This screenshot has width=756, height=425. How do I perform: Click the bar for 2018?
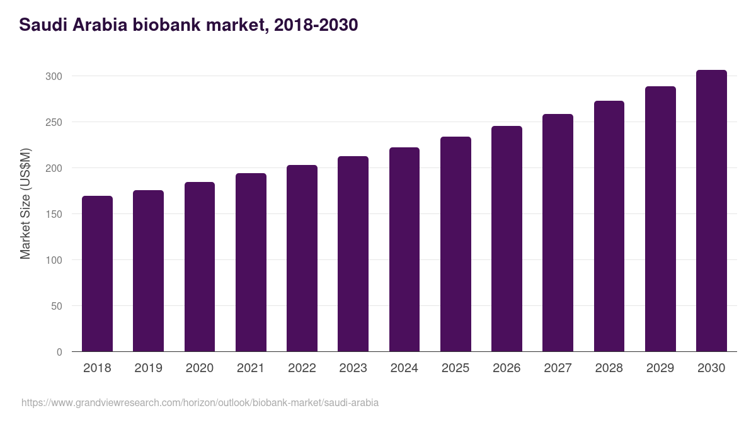tap(97, 274)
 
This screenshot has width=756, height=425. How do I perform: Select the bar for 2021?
tap(251, 263)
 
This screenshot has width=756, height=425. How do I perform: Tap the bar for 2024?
tap(404, 249)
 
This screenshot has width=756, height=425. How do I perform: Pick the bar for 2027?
tap(558, 233)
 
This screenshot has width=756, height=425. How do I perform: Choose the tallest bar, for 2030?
tap(711, 211)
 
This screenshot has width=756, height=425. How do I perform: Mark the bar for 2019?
tap(148, 271)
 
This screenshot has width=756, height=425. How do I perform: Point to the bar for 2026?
tap(507, 239)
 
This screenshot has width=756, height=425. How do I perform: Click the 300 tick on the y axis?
tap(54, 76)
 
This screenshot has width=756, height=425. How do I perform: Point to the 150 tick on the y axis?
tap(54, 214)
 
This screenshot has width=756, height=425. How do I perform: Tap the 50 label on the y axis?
tap(57, 306)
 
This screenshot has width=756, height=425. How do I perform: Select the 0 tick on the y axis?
tap(59, 352)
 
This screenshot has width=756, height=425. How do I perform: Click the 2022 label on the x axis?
tap(302, 368)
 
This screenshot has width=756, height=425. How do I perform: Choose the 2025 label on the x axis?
tap(455, 368)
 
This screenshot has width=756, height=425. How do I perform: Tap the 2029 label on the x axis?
tap(660, 368)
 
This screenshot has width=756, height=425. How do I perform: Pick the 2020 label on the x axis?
tap(200, 368)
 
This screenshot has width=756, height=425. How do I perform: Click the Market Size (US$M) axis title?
tap(25, 204)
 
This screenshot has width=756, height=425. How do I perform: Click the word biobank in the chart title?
tap(171, 25)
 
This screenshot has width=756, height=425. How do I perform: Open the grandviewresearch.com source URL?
tap(200, 402)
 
